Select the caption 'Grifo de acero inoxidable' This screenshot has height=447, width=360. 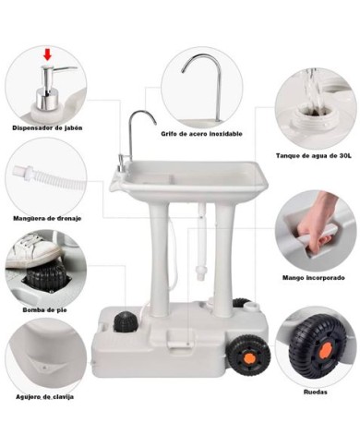pos(201,134)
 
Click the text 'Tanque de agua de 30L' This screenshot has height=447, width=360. pos(314,156)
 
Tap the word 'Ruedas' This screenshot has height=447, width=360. pos(314,391)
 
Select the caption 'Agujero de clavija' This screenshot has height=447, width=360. pos(44,396)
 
